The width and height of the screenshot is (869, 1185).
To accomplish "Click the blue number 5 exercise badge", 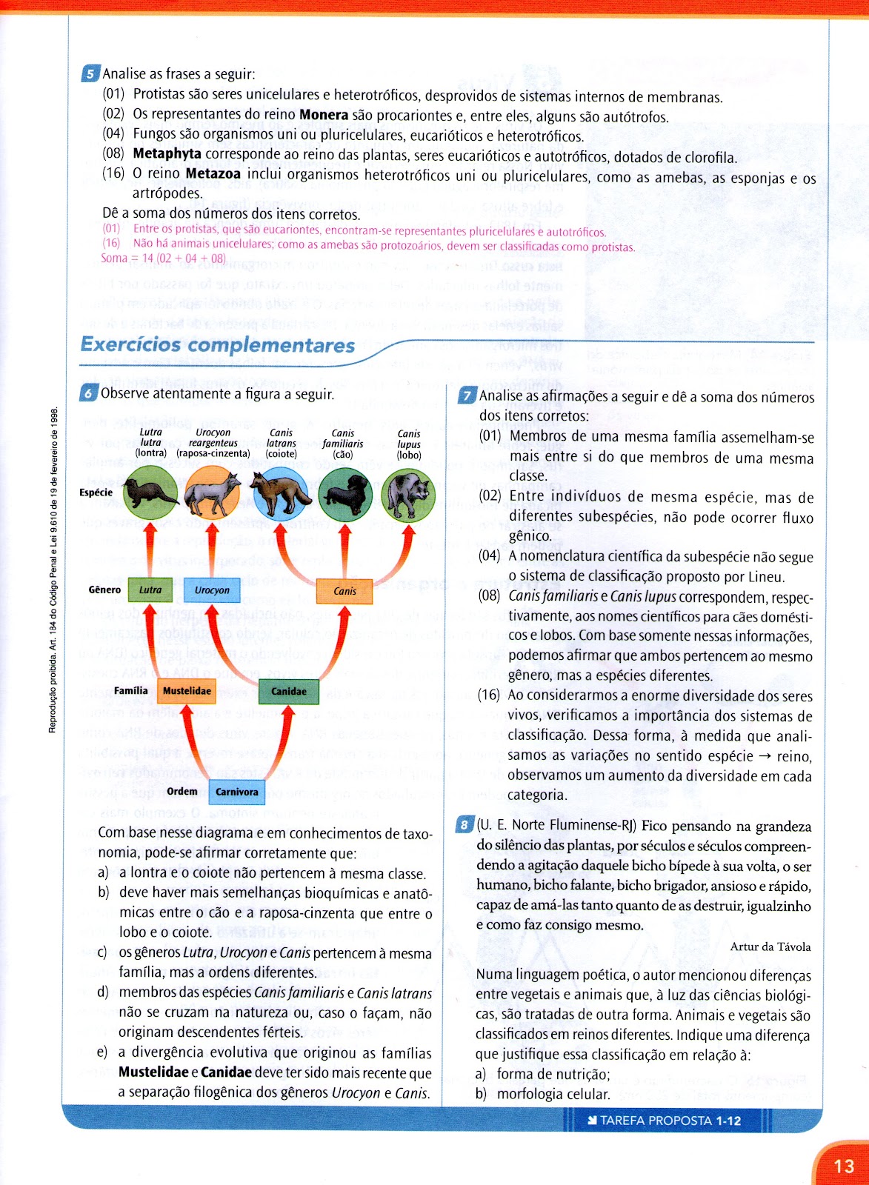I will [x=90, y=74].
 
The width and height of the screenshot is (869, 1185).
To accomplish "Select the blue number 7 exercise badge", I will [x=467, y=396].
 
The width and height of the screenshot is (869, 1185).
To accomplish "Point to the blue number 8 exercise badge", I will [x=465, y=825].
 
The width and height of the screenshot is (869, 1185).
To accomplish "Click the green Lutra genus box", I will [x=150, y=590].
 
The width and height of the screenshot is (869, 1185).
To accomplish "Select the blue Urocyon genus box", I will [x=212, y=590].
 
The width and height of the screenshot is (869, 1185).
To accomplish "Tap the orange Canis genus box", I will [x=344, y=591].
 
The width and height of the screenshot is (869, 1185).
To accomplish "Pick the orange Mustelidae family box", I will [x=187, y=691].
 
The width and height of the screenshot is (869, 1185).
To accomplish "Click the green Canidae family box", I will [x=289, y=692].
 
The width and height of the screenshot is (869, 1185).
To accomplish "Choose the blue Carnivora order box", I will [x=237, y=792].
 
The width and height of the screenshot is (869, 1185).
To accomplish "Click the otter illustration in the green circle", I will [x=150, y=493].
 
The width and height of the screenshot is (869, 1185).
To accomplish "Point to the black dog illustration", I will [x=345, y=495].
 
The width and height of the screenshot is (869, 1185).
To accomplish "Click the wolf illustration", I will [x=408, y=495].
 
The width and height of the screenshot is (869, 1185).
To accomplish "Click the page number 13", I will [x=844, y=1166].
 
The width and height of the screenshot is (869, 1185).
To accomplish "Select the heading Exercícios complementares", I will [x=218, y=345].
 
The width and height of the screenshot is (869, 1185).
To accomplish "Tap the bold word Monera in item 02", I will [x=324, y=116].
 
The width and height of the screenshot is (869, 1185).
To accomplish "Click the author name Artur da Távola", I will [x=770, y=947].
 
